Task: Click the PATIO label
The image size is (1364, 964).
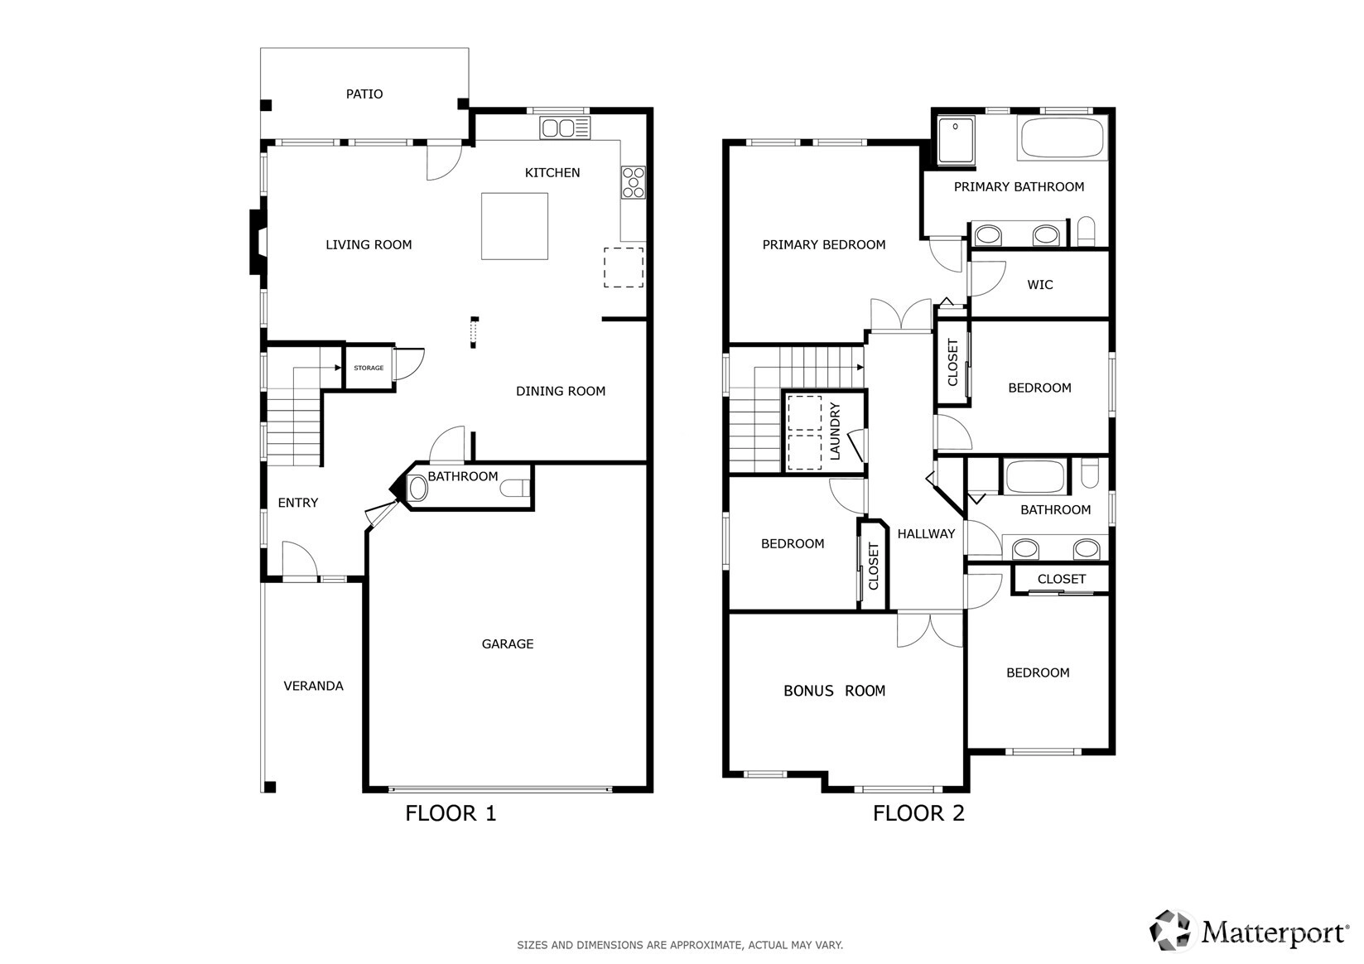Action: pyautogui.click(x=364, y=94)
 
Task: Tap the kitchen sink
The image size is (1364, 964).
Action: pyautogui.click(x=565, y=128)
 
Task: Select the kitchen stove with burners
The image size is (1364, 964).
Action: pyautogui.click(x=634, y=183)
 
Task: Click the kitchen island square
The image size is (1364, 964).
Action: pyautogui.click(x=514, y=226)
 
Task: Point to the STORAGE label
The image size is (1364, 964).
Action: pyautogui.click(x=369, y=368)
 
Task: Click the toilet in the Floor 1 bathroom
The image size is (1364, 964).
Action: pyautogui.click(x=515, y=489)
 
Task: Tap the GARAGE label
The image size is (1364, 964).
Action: pyautogui.click(x=507, y=643)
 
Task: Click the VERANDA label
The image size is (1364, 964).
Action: pyautogui.click(x=313, y=686)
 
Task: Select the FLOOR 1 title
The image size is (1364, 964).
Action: pyautogui.click(x=451, y=813)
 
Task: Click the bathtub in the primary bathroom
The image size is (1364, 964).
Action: pyautogui.click(x=1062, y=138)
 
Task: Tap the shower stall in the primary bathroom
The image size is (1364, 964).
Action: pyautogui.click(x=956, y=140)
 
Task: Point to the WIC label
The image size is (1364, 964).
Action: pyautogui.click(x=1039, y=284)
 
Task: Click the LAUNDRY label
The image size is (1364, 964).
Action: pyautogui.click(x=835, y=431)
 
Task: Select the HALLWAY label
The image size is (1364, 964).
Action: pyautogui.click(x=926, y=533)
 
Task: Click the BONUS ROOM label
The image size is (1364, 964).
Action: pyautogui.click(x=834, y=691)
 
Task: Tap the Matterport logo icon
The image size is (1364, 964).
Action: pyautogui.click(x=1169, y=931)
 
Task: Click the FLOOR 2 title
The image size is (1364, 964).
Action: pyautogui.click(x=918, y=813)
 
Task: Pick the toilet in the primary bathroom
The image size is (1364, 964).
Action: pyautogui.click(x=1086, y=231)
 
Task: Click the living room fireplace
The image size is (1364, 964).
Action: pyautogui.click(x=258, y=242)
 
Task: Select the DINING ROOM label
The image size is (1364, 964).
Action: pyautogui.click(x=560, y=391)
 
